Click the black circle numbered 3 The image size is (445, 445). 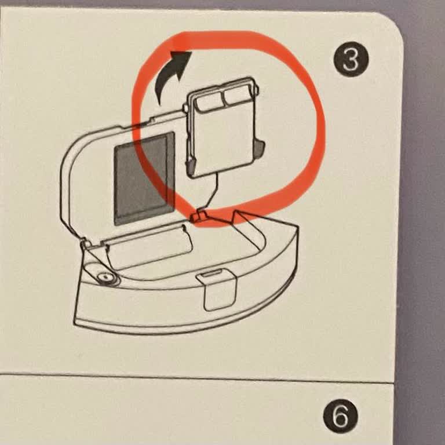[351, 60]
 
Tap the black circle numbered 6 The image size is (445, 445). [341, 417]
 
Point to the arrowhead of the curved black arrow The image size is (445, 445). [181, 61]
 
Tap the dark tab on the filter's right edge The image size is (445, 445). [260, 148]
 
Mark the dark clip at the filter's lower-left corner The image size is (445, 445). [191, 166]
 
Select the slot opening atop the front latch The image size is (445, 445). [213, 274]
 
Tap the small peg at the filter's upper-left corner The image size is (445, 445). [185, 108]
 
